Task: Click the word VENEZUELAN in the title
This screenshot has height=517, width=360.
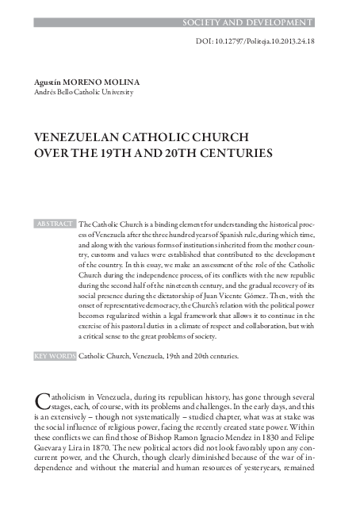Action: click(x=77, y=136)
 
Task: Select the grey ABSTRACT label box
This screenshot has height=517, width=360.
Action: click(x=55, y=224)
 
